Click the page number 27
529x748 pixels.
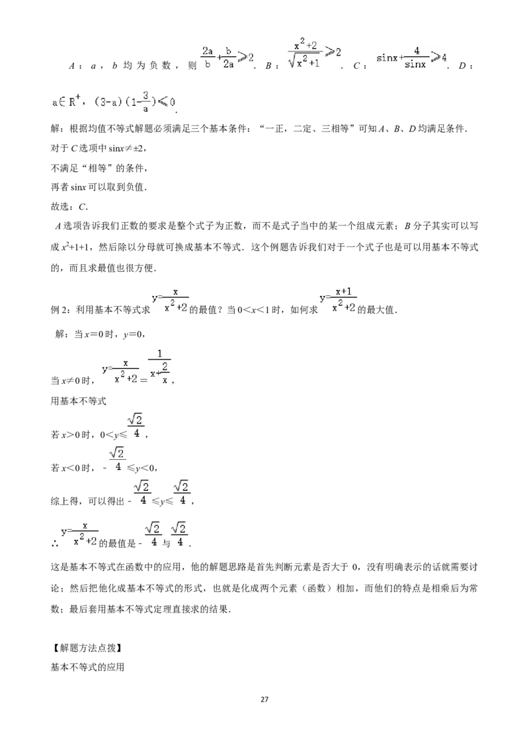264,699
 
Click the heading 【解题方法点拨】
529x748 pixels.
86,648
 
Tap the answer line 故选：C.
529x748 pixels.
69,207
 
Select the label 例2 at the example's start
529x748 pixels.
60,310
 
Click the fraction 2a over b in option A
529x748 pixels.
208,57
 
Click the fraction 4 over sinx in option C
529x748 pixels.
415,57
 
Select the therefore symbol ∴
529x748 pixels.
54,543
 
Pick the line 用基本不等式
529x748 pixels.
78,400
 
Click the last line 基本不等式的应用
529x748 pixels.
87,667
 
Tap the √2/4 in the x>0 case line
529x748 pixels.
136,426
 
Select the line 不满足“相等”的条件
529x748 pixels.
99,168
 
